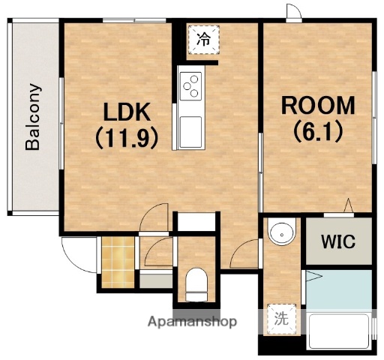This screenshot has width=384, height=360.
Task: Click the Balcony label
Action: pos(33,117)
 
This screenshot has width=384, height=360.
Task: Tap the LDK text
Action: pos(127,112)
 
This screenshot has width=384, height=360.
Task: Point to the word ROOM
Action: pos(318,105)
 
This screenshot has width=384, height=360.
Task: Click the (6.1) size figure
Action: pos(318,131)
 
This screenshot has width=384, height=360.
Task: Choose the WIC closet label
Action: pos(338,241)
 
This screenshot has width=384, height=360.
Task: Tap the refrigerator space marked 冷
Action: pos(204,40)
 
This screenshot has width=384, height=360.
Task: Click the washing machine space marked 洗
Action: pos(281,319)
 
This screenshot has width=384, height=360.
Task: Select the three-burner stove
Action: pos(190,86)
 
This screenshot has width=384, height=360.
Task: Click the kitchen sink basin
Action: pos(190,132)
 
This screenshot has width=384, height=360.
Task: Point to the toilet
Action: pos(196,284)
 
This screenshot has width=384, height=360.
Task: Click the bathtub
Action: pos(339,331)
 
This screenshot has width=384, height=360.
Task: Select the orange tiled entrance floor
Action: pos(118,262)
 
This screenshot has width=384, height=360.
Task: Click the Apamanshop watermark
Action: pos(192,322)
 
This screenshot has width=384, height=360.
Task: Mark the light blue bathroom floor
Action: pos(339,290)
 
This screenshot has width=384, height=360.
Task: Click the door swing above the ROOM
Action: pos(294,11)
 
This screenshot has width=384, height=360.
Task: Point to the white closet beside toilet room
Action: pos(196,222)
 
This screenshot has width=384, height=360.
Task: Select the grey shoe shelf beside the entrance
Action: pos(156,281)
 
